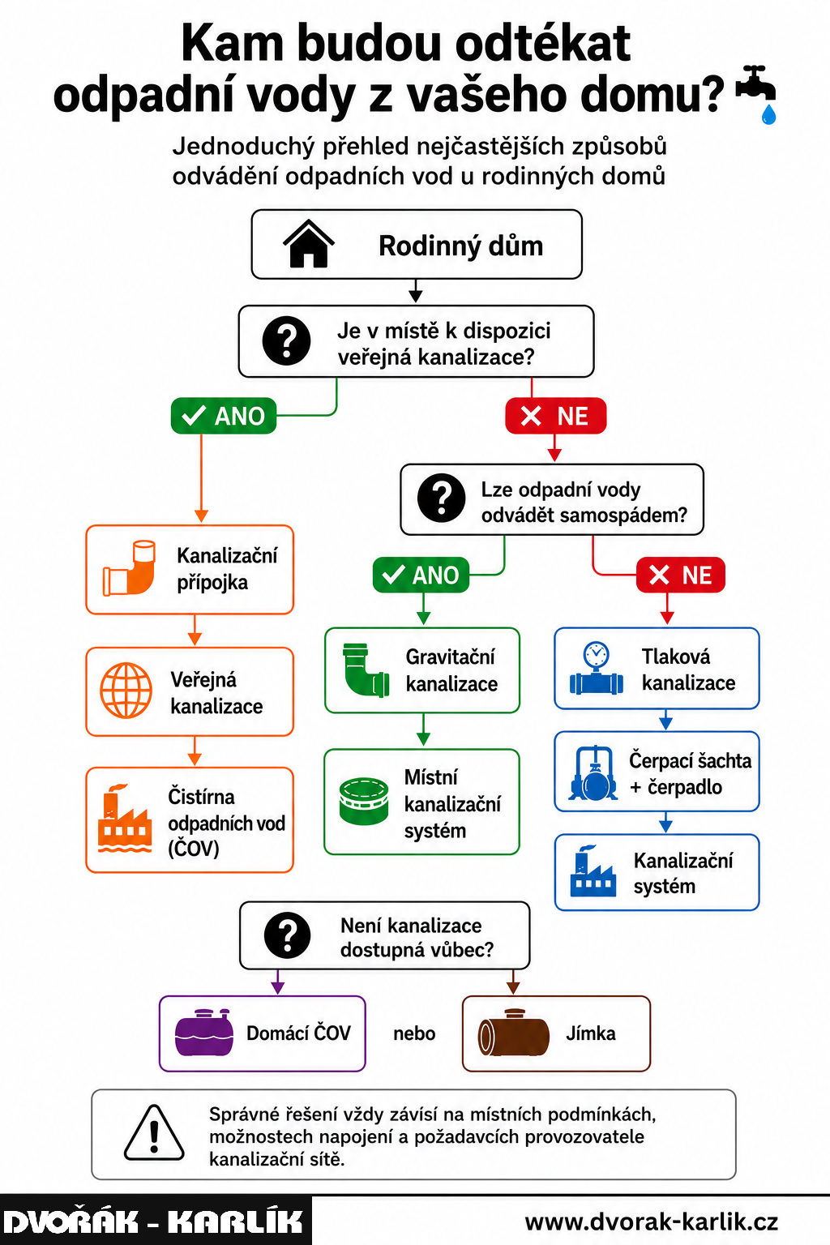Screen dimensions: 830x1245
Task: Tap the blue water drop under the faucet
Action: point(768,114)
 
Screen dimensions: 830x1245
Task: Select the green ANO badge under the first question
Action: point(224,416)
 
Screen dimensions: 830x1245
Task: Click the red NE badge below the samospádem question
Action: point(681,575)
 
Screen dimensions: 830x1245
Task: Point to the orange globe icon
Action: point(126,691)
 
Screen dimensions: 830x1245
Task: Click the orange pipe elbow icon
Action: point(130,568)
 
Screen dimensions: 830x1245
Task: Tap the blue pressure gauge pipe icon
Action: point(596,668)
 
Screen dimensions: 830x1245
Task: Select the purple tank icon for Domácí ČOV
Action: point(204,1033)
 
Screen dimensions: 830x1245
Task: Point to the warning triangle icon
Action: point(154,1132)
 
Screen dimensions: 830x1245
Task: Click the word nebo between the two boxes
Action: point(414,1033)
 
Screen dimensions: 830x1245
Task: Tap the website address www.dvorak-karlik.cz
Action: point(651,1221)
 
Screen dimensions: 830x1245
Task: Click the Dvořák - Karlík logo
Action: point(155,1221)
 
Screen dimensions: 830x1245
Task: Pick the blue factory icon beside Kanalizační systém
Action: point(593,871)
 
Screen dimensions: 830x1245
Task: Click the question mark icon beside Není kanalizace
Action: point(288,935)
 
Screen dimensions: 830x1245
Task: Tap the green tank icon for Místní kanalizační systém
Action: point(364,801)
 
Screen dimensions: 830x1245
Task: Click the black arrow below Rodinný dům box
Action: point(415,291)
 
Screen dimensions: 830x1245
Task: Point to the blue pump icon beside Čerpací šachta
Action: point(593,772)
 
